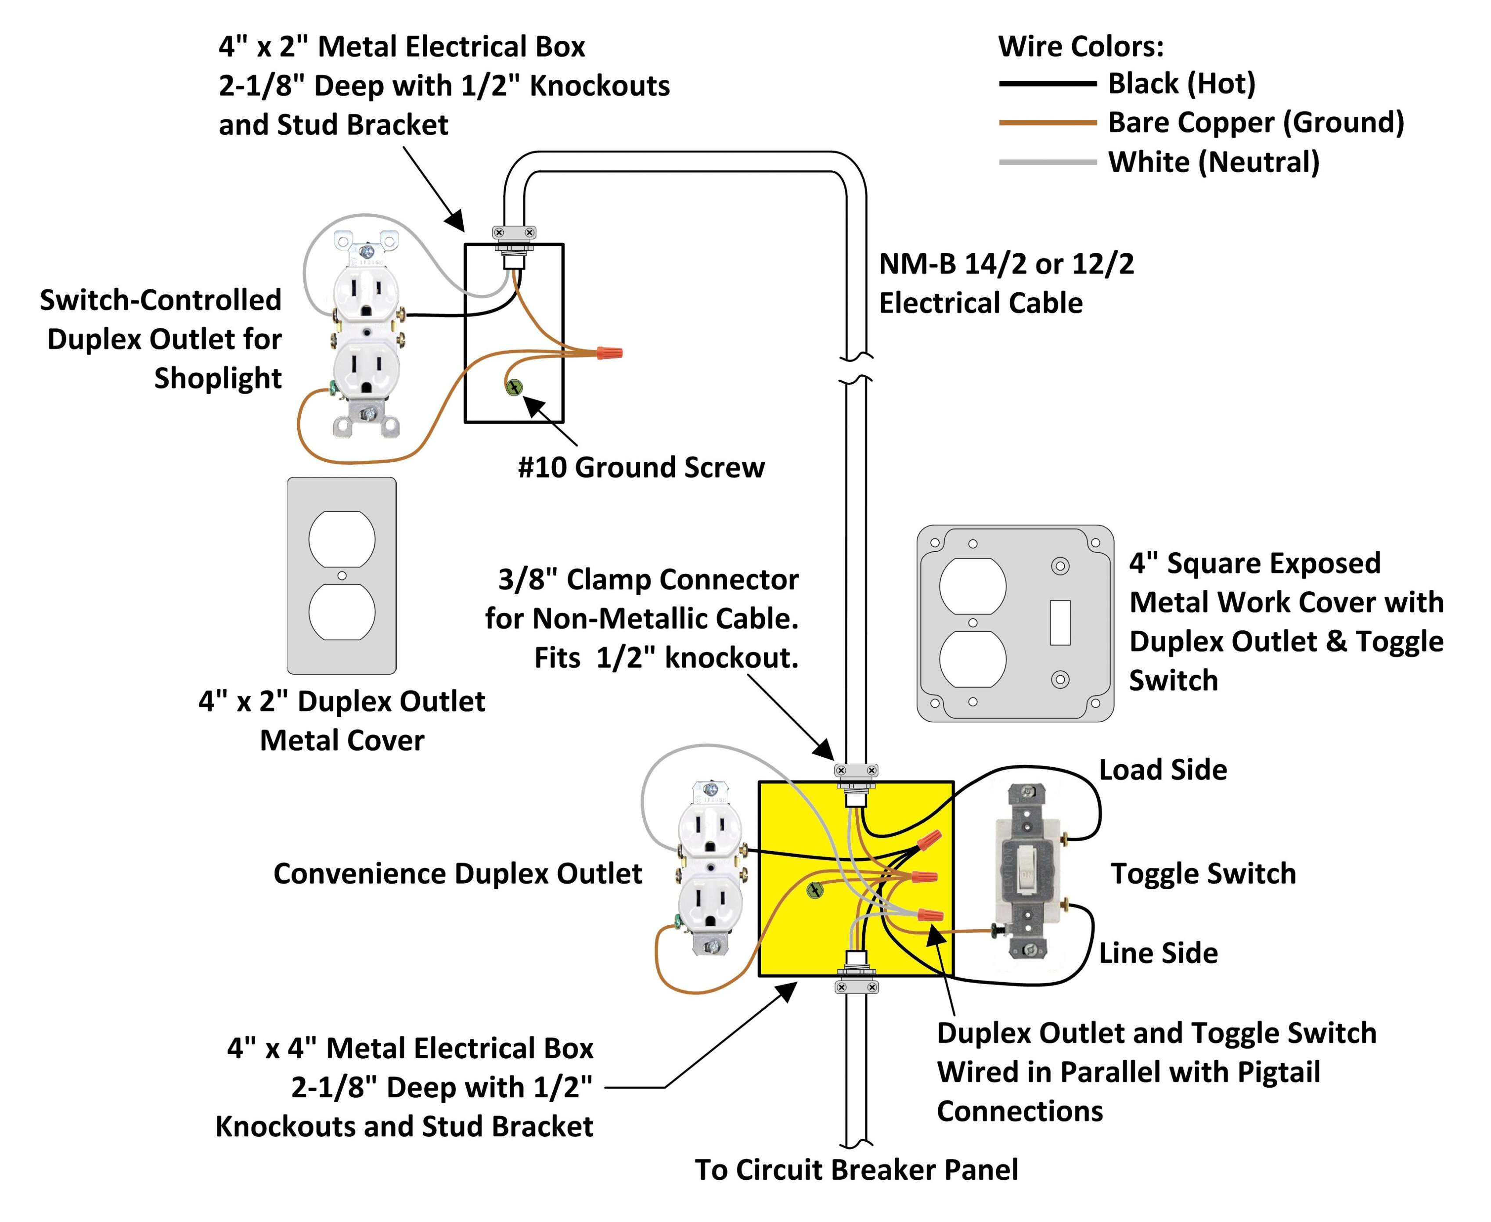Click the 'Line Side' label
point(1158,953)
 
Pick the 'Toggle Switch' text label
point(1203,873)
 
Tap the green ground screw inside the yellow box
point(814,891)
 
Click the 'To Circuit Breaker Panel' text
point(856,1170)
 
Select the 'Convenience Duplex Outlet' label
point(457,873)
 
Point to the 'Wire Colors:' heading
point(1080,47)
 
